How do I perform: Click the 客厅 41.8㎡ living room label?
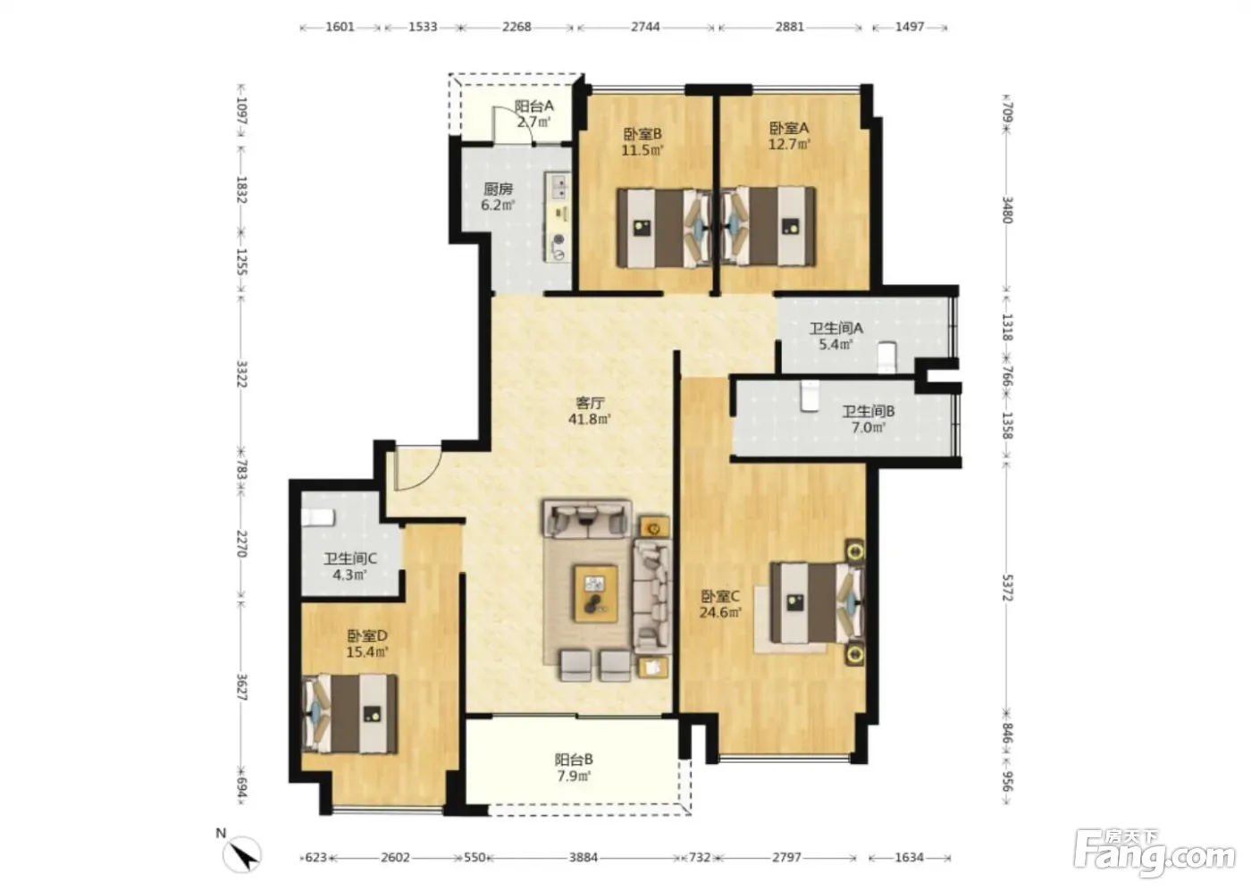pyautogui.click(x=589, y=410)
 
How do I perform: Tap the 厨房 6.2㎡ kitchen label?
pyautogui.click(x=499, y=197)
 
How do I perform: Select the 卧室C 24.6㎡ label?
pyautogui.click(x=720, y=604)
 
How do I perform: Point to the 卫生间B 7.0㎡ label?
pyautogui.click(x=868, y=419)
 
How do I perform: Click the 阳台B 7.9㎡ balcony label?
pyautogui.click(x=574, y=768)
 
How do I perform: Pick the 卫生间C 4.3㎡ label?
pyautogui.click(x=350, y=567)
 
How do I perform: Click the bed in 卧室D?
pyautogui.click(x=350, y=714)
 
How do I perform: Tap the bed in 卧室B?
pyautogui.click(x=664, y=228)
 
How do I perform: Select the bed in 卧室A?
pyautogui.click(x=768, y=226)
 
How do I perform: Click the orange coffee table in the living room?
pyautogui.click(x=596, y=593)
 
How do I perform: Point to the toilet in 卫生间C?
pyautogui.click(x=318, y=517)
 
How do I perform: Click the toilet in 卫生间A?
pyautogui.click(x=886, y=357)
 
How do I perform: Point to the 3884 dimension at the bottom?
pyautogui.click(x=583, y=857)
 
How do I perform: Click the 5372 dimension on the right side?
pyautogui.click(x=1007, y=588)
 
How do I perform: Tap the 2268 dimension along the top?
pyautogui.click(x=516, y=27)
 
